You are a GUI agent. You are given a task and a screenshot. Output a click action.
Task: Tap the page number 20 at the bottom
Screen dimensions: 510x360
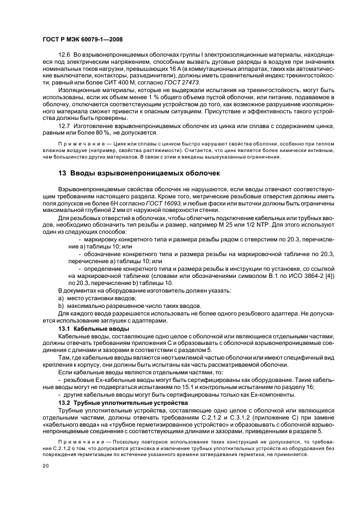pos(45,466)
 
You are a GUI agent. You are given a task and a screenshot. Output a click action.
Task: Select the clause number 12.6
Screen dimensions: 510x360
pos(64,54)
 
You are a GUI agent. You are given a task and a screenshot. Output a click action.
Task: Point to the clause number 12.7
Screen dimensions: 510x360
pos(64,126)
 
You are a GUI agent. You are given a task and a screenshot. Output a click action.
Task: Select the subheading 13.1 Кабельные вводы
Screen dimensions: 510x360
pos(94,329)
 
